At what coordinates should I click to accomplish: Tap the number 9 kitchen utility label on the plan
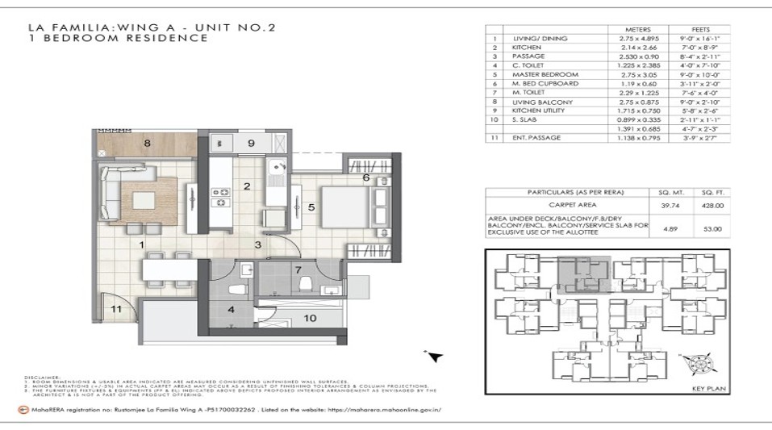pyautogui.click(x=250, y=144)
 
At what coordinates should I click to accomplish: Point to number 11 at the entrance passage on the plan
pyautogui.click(x=115, y=309)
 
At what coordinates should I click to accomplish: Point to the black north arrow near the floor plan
pyautogui.click(x=435, y=357)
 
